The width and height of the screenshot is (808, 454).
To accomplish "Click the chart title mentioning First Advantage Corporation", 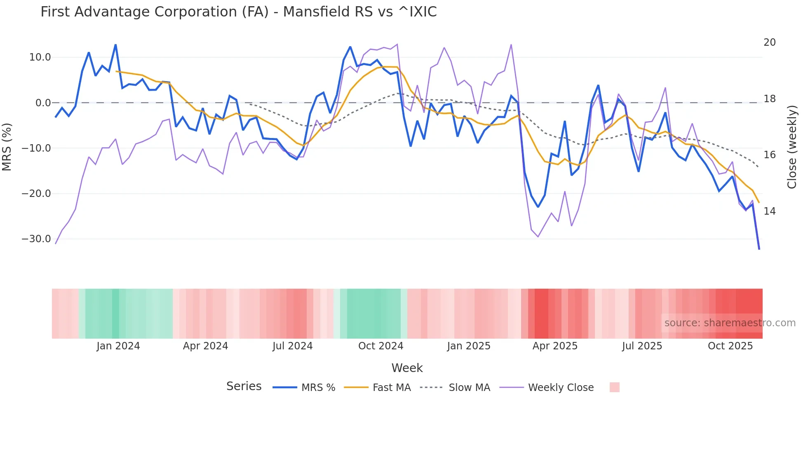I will pyautogui.click(x=238, y=12).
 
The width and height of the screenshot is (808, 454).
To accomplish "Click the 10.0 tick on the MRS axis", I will pyautogui.click(x=40, y=57).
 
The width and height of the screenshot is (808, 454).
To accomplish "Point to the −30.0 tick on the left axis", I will pyautogui.click(x=36, y=239).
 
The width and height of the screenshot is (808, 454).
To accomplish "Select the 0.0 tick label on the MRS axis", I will pyautogui.click(x=43, y=103).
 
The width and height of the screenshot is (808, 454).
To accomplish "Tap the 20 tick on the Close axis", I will pyautogui.click(x=769, y=42).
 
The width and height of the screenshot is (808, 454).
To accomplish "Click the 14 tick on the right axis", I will pyautogui.click(x=769, y=211).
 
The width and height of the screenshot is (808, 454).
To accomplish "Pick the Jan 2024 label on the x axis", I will pyautogui.click(x=118, y=346).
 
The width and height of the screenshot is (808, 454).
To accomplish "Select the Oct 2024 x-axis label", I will pyautogui.click(x=381, y=346).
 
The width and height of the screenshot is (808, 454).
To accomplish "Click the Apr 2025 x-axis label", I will pyautogui.click(x=555, y=346).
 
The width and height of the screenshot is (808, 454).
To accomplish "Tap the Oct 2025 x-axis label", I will pyautogui.click(x=730, y=346).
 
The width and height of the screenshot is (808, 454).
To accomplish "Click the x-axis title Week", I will pyautogui.click(x=407, y=368).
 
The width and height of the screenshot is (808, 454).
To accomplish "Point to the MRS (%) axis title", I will pyautogui.click(x=7, y=147).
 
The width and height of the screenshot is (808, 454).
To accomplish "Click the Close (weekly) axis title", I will pyautogui.click(x=792, y=147).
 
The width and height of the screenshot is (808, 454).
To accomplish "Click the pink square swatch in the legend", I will pyautogui.click(x=614, y=387).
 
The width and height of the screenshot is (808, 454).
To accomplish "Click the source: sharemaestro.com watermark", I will pyautogui.click(x=730, y=323).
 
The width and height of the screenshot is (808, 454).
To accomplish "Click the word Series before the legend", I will pyautogui.click(x=244, y=386).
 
